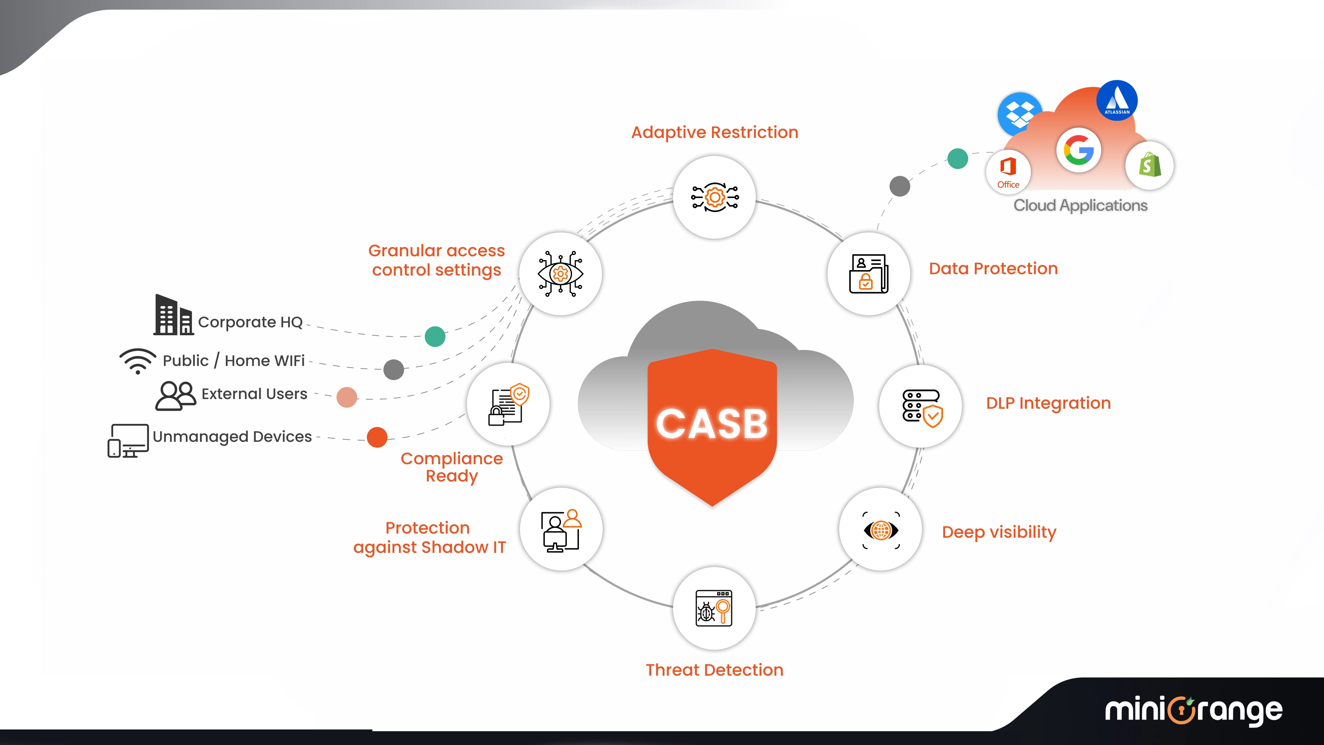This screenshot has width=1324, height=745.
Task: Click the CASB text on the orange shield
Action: (x=712, y=424)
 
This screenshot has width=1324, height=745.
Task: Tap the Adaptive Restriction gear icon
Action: (x=714, y=197)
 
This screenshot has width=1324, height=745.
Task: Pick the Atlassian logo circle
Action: (x=1117, y=101)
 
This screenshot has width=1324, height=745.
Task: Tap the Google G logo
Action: (x=1078, y=150)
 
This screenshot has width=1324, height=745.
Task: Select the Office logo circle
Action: (x=1008, y=171)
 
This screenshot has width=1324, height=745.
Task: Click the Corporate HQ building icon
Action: (x=173, y=315)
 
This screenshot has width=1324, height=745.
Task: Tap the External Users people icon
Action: (x=175, y=395)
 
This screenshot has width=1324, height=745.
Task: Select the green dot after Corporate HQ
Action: (x=435, y=336)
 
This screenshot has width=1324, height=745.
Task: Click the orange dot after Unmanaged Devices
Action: (x=377, y=437)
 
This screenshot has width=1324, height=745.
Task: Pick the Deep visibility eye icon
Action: (x=881, y=530)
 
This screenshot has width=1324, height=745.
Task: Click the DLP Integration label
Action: (x=1048, y=403)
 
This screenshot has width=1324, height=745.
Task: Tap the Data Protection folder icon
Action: (x=868, y=274)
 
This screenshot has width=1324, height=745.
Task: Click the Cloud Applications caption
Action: (x=1080, y=205)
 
